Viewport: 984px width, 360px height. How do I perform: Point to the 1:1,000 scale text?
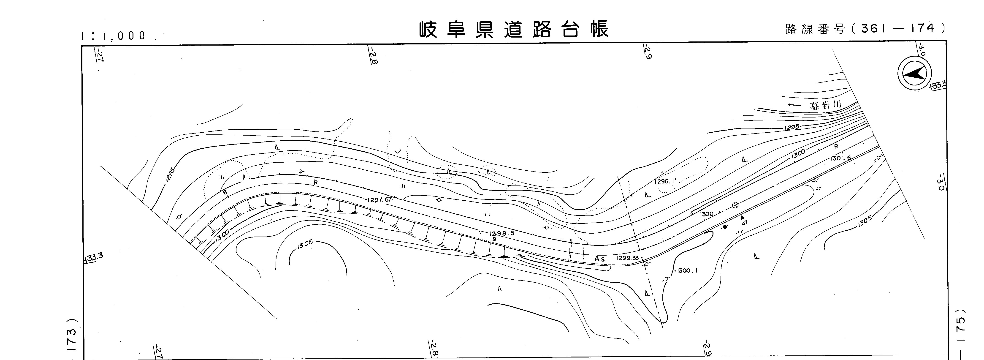point(114,35)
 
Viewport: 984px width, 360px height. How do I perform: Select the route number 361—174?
point(900,28)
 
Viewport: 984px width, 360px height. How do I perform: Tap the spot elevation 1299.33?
point(627,258)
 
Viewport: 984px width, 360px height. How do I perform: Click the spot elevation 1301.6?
point(840,158)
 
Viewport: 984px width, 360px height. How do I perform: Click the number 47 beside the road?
point(745,223)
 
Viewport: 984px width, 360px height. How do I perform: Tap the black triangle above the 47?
point(742,217)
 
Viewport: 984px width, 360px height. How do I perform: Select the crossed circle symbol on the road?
point(735,205)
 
